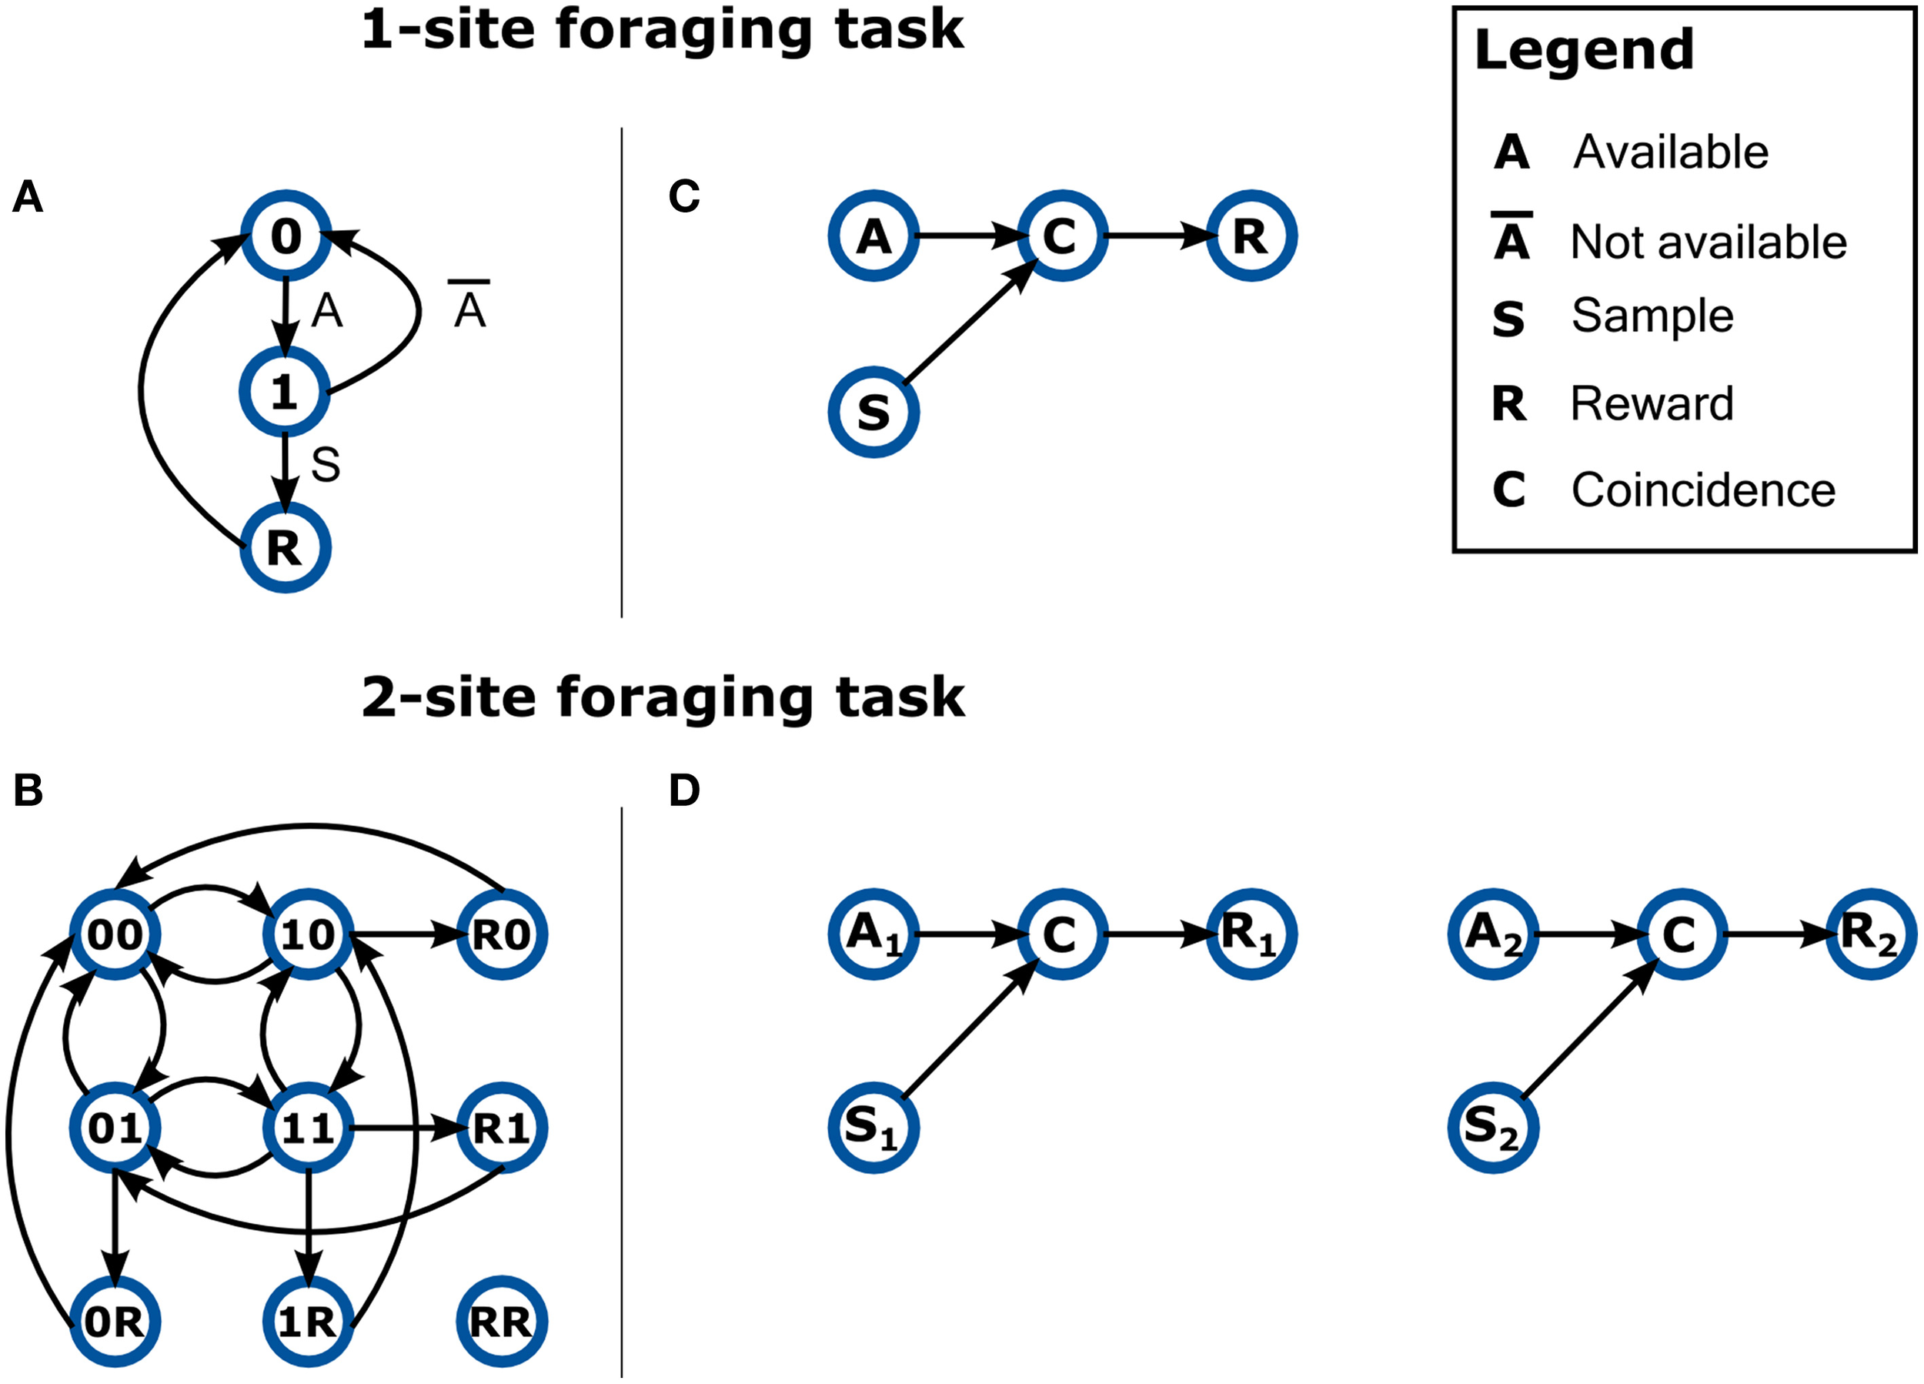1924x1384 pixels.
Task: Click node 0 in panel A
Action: tap(285, 236)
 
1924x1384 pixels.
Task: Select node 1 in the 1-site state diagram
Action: tap(285, 392)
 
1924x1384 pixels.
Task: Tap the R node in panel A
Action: tap(285, 547)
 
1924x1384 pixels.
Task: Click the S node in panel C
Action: tap(873, 413)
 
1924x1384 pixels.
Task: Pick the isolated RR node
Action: tap(501, 1321)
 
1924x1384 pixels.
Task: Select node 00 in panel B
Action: tap(115, 934)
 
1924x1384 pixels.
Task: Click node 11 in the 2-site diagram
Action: tap(308, 1128)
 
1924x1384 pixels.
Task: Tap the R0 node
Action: tap(501, 934)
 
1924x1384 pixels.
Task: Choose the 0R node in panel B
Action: tap(115, 1321)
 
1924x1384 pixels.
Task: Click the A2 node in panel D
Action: tap(1493, 934)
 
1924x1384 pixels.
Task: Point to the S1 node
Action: tap(873, 1128)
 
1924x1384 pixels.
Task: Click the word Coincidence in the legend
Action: tap(1702, 490)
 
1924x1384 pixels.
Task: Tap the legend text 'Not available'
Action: tap(1708, 242)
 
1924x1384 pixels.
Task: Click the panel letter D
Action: tap(683, 790)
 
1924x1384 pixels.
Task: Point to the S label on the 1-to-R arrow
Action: tap(326, 465)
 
